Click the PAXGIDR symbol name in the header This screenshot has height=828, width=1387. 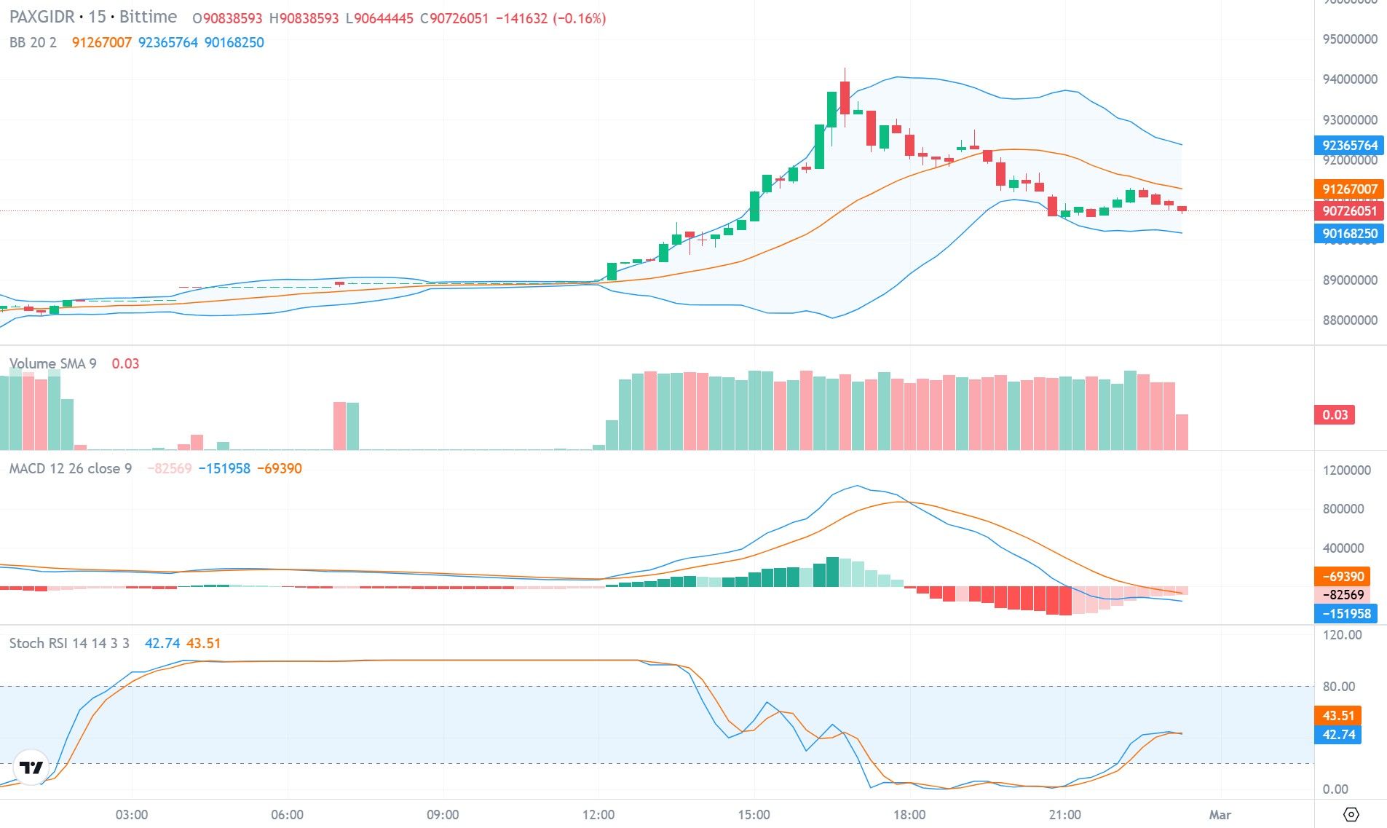point(41,17)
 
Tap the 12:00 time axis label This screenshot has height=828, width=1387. point(598,814)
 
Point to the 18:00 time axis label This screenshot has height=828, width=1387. point(909,814)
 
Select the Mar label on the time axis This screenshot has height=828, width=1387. point(1220,814)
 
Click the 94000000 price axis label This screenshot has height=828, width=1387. point(1349,79)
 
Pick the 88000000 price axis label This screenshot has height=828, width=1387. point(1349,320)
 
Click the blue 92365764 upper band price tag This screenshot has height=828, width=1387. point(1349,145)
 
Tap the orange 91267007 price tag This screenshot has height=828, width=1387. point(1349,189)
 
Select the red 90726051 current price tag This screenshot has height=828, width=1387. point(1349,211)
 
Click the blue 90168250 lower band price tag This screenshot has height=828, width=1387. point(1349,234)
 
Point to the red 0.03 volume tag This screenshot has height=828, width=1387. point(1335,415)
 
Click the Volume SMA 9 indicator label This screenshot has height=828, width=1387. point(52,363)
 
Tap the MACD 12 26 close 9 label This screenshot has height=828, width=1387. point(70,468)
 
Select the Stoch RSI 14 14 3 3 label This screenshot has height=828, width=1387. point(69,643)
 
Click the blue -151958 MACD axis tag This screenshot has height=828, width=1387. point(1345,613)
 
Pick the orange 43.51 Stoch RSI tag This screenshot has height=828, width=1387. point(1337,715)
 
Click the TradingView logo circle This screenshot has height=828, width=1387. point(31,768)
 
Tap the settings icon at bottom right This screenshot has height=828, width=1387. point(1351,814)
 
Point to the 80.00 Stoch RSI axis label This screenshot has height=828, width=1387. point(1338,686)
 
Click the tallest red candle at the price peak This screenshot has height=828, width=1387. point(845,98)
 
